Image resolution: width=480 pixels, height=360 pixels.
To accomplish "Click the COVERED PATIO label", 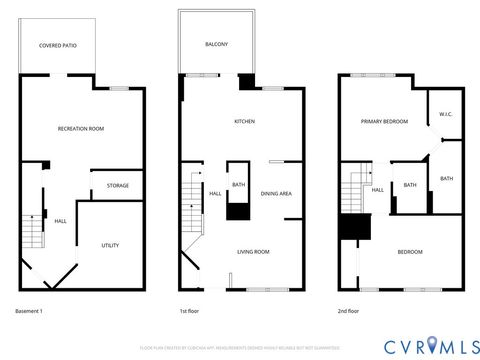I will (57, 45).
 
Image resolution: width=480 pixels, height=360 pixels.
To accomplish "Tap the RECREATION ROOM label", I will (80, 128).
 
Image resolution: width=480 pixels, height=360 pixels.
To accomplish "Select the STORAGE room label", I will (117, 185).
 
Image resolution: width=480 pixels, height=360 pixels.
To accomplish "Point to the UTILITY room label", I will (110, 245).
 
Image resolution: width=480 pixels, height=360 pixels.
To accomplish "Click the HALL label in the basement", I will (60, 221).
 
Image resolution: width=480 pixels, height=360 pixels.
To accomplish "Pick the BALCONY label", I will (217, 44).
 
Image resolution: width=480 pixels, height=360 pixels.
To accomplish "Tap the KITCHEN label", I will (244, 121).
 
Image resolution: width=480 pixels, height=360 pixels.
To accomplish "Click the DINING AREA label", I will (276, 193).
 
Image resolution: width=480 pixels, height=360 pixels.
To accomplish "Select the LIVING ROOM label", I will (253, 252).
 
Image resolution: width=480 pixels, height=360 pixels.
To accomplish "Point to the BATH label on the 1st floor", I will (239, 184).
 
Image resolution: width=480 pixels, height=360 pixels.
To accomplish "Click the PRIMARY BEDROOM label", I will (384, 121).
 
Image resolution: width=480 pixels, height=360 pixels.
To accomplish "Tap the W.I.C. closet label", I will (446, 114).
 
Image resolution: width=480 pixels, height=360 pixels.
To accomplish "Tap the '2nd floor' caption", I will (348, 312).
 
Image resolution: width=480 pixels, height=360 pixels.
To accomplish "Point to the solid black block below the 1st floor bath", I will (238, 210).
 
